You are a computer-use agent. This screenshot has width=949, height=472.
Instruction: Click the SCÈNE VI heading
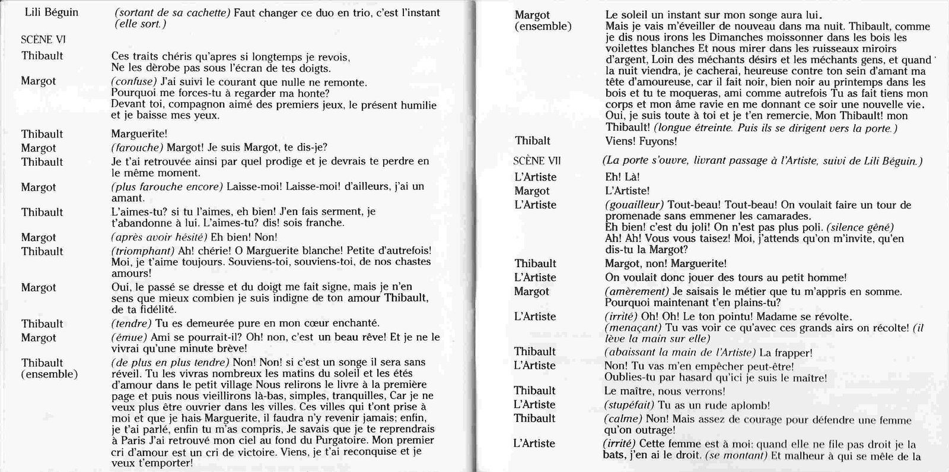43,40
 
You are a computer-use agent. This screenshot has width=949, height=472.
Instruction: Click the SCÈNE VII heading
537,161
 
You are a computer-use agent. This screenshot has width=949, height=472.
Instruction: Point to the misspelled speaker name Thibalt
532,141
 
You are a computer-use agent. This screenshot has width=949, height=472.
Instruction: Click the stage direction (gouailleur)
634,205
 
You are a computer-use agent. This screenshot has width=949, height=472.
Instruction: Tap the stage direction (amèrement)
636,292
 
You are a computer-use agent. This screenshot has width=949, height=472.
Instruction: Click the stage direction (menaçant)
632,328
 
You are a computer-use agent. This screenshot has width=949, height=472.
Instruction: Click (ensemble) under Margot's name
543,26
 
